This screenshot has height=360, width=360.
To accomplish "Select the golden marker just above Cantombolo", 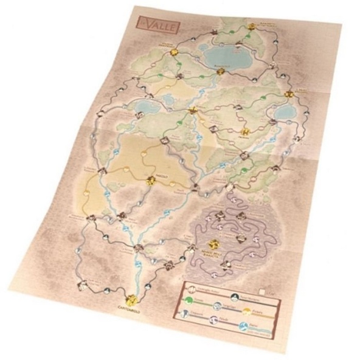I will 130,299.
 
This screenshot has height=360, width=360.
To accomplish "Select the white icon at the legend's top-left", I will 190,286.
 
